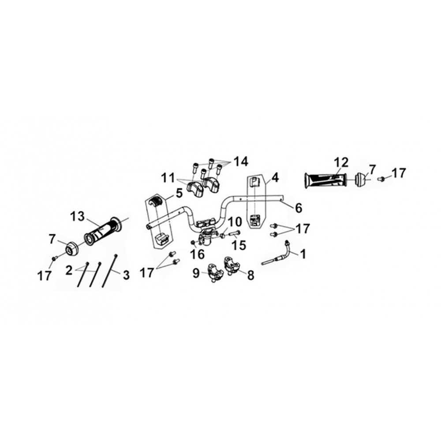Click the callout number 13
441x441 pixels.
pos(77,217)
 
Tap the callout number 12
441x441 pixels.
pos(341,163)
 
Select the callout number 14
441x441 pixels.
pos(241,162)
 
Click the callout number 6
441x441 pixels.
pos(299,208)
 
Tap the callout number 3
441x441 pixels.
pos(127,275)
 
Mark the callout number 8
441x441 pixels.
pos(250,276)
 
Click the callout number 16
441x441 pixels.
pos(198,254)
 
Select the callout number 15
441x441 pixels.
pos(239,245)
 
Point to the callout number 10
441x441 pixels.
pos(235,222)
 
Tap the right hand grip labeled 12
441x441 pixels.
pos(325,180)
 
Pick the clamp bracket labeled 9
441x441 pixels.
pos(215,272)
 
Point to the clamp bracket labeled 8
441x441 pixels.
pos(232,265)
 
